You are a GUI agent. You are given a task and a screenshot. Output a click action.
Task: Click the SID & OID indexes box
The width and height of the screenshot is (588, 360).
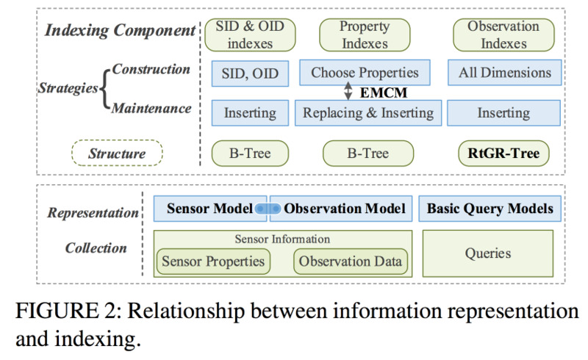click(250, 35)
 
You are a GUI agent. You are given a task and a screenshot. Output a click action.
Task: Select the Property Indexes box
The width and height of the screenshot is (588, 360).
click(365, 35)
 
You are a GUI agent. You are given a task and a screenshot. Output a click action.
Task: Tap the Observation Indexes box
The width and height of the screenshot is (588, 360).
click(503, 35)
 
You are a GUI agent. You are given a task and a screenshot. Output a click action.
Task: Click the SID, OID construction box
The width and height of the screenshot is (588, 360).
click(250, 73)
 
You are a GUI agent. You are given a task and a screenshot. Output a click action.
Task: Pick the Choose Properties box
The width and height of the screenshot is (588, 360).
click(365, 73)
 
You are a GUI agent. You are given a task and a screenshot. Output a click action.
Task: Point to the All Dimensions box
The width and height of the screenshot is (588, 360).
click(505, 73)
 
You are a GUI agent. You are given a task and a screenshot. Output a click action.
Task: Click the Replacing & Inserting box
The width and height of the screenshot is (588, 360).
click(368, 112)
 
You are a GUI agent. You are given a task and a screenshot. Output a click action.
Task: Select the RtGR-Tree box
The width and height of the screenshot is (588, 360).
click(503, 153)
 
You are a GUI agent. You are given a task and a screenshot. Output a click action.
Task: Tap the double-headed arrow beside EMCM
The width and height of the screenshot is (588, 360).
click(348, 91)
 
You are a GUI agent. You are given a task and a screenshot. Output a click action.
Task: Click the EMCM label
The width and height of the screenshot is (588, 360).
click(383, 93)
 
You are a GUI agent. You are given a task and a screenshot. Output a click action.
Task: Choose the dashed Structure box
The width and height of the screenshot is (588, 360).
click(117, 153)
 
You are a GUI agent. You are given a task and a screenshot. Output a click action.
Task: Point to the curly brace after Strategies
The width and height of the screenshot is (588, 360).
click(105, 89)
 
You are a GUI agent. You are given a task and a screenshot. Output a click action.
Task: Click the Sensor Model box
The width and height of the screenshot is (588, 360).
click(210, 209)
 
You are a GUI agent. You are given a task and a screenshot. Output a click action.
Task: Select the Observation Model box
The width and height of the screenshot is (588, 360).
click(341, 209)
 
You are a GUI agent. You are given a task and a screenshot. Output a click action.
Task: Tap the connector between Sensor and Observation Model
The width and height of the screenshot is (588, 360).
click(268, 209)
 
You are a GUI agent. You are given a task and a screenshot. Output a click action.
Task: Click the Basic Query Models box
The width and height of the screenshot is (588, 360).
click(490, 209)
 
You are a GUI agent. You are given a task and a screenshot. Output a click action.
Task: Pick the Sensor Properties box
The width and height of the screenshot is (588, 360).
click(213, 262)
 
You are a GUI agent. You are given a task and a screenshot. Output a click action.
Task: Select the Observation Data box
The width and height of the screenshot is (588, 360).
click(351, 262)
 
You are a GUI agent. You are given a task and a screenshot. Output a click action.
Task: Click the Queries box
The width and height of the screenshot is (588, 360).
click(488, 253)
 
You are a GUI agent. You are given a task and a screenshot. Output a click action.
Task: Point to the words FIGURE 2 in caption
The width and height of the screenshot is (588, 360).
click(68, 311)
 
